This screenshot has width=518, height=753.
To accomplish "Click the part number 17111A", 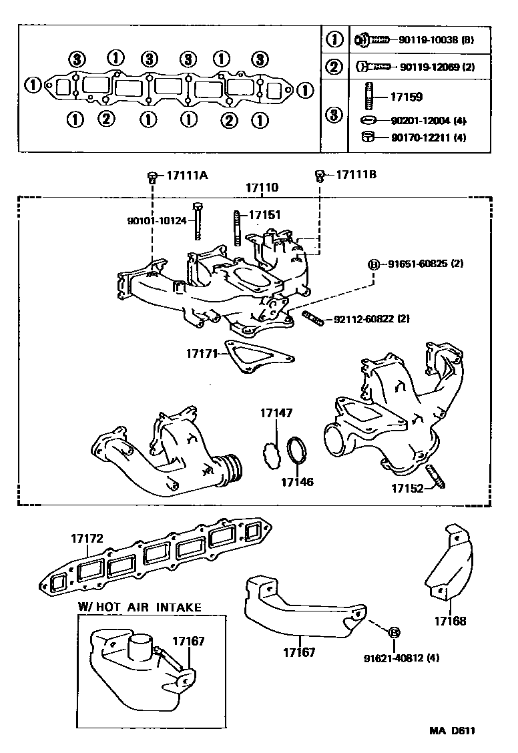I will [187, 176].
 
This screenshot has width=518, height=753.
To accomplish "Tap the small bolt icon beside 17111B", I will [320, 176].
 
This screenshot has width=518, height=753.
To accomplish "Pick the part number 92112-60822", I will [360, 320].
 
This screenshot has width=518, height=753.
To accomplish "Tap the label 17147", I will [276, 414].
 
